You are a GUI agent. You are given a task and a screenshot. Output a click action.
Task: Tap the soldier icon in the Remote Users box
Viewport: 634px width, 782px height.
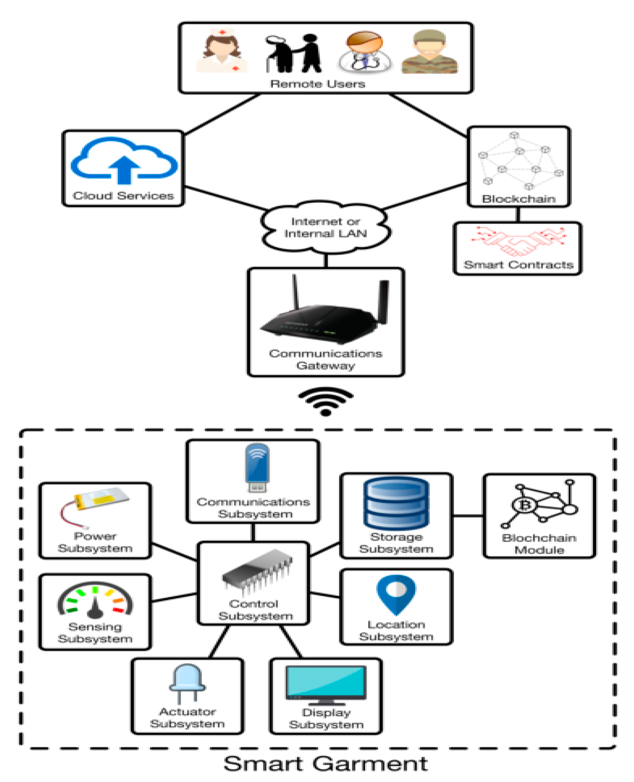click(429, 52)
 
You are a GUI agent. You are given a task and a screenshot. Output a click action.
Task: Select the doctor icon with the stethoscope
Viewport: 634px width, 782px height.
click(365, 52)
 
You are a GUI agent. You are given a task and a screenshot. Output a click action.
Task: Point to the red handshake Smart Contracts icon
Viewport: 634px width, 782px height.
click(518, 241)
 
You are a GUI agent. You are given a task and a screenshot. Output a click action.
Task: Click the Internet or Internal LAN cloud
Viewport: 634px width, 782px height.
click(325, 227)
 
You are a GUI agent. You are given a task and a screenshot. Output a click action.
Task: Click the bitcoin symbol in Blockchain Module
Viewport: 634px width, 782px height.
click(525, 506)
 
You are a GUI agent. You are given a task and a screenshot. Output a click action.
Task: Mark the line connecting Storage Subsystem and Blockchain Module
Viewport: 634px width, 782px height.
click(468, 516)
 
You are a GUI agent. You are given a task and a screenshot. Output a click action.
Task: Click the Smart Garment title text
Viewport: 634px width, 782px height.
click(325, 764)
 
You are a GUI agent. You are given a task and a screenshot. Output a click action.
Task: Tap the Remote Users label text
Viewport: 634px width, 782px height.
click(317, 84)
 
